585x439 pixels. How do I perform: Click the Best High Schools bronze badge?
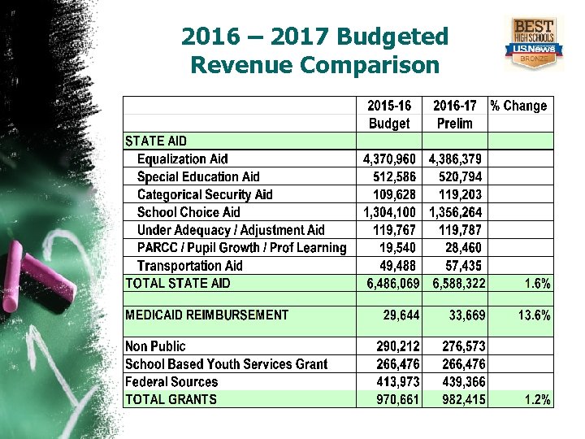click(534, 42)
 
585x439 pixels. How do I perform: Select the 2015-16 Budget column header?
click(389, 115)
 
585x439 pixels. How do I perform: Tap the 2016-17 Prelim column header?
click(454, 115)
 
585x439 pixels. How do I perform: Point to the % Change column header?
click(518, 106)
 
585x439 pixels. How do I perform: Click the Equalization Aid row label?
click(182, 159)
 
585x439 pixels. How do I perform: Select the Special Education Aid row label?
click(198, 177)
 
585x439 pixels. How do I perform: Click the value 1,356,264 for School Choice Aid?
click(456, 213)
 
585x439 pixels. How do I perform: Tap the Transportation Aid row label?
click(189, 266)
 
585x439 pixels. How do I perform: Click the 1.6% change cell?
click(537, 284)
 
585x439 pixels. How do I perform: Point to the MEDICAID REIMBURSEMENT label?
click(206, 315)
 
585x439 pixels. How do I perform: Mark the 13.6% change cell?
click(534, 315)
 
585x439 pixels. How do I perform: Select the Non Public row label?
click(155, 346)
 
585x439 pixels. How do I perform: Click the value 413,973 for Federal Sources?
click(399, 382)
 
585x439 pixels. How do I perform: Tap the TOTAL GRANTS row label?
click(171, 399)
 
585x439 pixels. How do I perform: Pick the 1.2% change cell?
click(537, 399)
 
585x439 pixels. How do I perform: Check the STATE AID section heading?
click(155, 141)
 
